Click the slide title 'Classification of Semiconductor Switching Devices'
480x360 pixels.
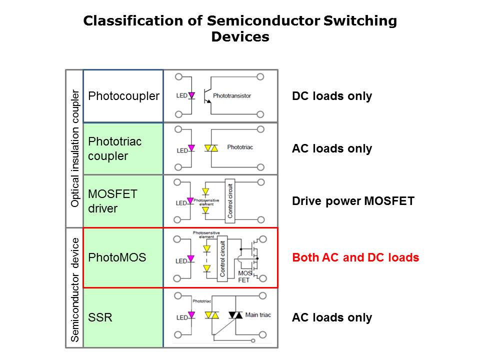pyautogui.click(x=240, y=28)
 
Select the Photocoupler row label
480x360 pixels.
pyautogui.click(x=123, y=96)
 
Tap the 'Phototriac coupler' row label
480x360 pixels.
pyautogui.click(x=114, y=148)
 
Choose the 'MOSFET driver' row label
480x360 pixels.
pyautogui.click(x=112, y=201)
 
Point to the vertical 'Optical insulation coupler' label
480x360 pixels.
pyautogui.click(x=75, y=148)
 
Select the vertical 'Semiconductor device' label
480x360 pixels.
pyautogui.click(x=75, y=289)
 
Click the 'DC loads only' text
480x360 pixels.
pyautogui.click(x=332, y=96)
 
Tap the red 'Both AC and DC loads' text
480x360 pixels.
pyautogui.click(x=355, y=258)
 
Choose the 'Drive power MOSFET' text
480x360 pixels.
pyautogui.click(x=353, y=201)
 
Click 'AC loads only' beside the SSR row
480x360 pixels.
pyautogui.click(x=332, y=317)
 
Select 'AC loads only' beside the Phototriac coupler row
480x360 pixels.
pyautogui.click(x=332, y=148)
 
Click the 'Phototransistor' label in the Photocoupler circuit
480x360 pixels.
pyautogui.click(x=232, y=95)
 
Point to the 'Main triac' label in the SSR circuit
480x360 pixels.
pyautogui.click(x=258, y=315)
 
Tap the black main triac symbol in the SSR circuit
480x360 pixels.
pyautogui.click(x=235, y=315)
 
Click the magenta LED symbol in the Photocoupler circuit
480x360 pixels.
pyautogui.click(x=190, y=95)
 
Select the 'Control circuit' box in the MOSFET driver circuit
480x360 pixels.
pyautogui.click(x=229, y=200)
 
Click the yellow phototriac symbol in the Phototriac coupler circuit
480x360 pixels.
pyautogui.click(x=211, y=148)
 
